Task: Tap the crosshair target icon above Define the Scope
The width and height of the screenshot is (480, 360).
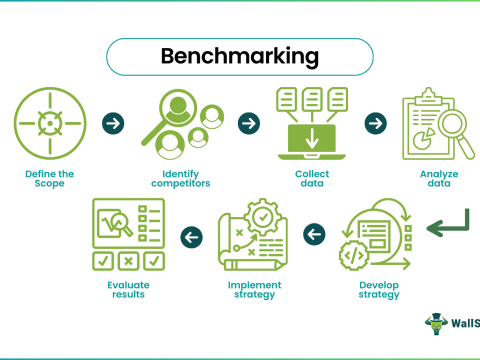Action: pyautogui.click(x=45, y=124)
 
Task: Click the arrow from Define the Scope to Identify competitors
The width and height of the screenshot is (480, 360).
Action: pyautogui.click(x=112, y=123)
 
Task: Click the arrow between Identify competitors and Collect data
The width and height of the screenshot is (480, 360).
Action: pyautogui.click(x=245, y=123)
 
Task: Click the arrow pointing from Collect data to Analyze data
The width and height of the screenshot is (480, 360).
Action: pyautogui.click(x=375, y=123)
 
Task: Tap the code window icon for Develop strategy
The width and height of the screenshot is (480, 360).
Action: pyautogui.click(x=374, y=237)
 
